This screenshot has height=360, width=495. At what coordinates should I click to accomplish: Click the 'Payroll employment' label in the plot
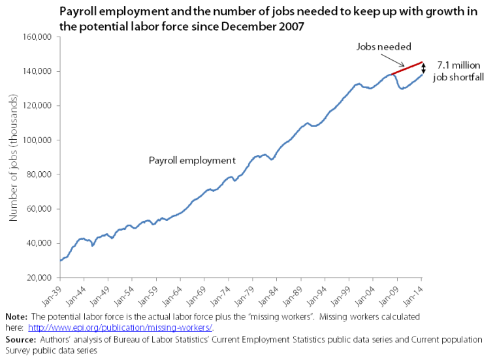(192, 160)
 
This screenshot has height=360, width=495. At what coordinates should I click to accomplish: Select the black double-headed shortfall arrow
(423, 67)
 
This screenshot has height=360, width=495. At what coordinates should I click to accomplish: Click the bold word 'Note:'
(15, 316)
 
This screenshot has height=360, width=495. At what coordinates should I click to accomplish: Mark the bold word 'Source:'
(19, 339)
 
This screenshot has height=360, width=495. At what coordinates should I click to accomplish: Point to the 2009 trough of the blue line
(402, 88)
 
